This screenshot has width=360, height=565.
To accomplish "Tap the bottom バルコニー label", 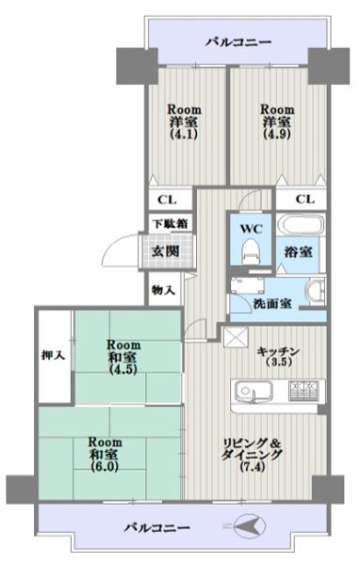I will click(156, 527).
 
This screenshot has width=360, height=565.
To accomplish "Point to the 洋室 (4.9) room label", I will click(278, 121).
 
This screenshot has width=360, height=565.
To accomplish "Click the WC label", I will click(249, 228).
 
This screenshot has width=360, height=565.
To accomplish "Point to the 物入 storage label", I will click(164, 291).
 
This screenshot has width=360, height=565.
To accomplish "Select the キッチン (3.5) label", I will click(278, 356).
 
